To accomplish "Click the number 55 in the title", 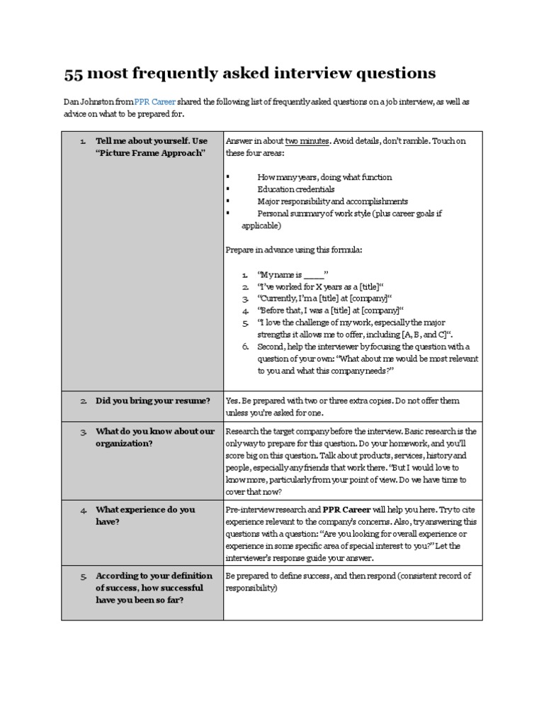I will click(74, 73).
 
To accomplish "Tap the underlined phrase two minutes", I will click(307, 141).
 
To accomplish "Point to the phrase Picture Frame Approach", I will click(150, 154).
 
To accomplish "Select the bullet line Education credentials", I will click(296, 189).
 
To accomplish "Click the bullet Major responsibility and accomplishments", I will click(332, 201).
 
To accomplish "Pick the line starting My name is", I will click(293, 274).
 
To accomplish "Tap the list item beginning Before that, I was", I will click(329, 311).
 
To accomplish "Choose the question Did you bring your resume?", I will click(153, 401).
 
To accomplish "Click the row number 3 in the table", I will click(84, 432).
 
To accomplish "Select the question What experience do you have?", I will click(145, 515).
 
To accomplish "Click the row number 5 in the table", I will click(84, 576).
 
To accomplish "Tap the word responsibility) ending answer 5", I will click(251, 588).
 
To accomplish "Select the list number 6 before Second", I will click(244, 347).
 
